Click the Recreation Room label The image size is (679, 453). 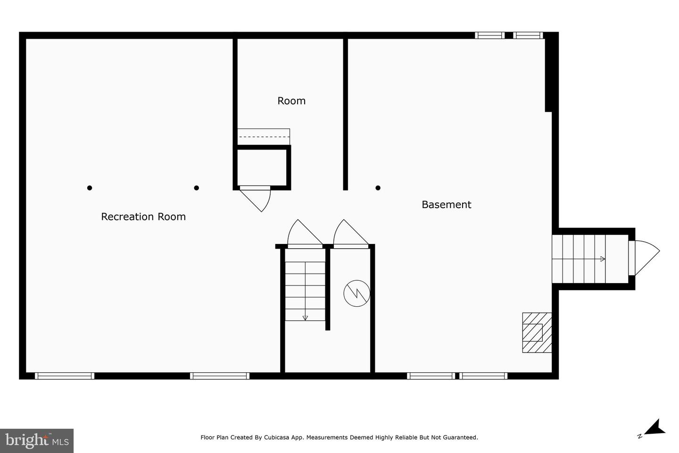click(x=143, y=217)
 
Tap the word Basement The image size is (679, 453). click(x=446, y=204)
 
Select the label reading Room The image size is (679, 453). click(x=291, y=101)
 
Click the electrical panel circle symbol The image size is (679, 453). click(x=356, y=294)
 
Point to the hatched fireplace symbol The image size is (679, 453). click(x=537, y=333)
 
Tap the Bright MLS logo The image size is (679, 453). click(x=37, y=441)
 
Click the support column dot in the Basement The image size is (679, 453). click(x=378, y=188)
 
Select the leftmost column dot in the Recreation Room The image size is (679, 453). click(x=90, y=188)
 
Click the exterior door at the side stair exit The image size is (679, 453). click(x=644, y=258)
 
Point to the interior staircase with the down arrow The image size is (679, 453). click(x=305, y=291)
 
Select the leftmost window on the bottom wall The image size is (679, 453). click(x=65, y=376)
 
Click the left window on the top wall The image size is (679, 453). click(x=489, y=35)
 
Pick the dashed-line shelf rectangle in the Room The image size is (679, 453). click(x=263, y=137)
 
